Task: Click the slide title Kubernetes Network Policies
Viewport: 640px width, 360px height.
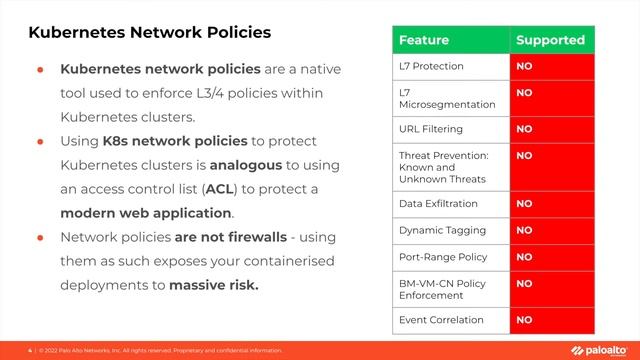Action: click(x=149, y=32)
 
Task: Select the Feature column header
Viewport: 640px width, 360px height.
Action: click(x=424, y=40)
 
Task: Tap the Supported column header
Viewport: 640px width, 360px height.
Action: click(x=548, y=40)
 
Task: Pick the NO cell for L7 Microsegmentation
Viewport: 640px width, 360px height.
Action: click(x=524, y=92)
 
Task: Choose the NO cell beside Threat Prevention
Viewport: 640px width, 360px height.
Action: click(x=524, y=156)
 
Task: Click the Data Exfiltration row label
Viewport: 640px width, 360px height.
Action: click(x=439, y=203)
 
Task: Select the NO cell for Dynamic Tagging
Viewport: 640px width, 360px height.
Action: click(x=524, y=230)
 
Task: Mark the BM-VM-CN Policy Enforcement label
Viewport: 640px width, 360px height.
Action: click(x=443, y=290)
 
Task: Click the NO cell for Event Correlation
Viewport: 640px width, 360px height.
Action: click(x=524, y=321)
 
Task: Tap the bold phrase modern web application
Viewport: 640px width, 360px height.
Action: click(x=145, y=213)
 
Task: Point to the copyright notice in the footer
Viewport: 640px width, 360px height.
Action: click(x=160, y=350)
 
